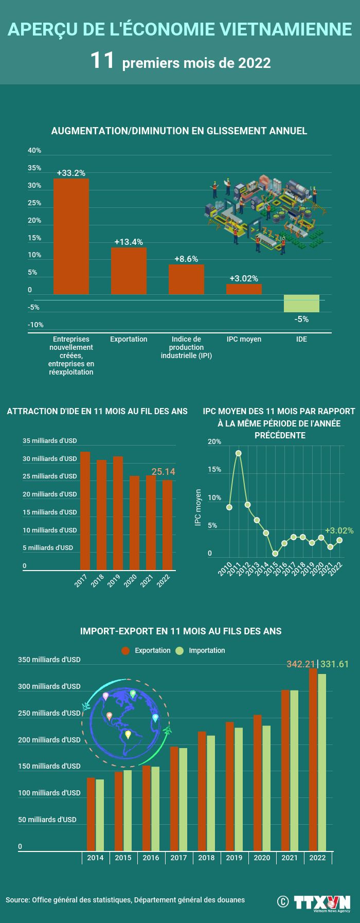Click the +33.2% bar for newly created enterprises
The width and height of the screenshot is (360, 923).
[x=71, y=236]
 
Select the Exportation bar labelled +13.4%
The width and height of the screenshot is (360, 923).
[x=129, y=271]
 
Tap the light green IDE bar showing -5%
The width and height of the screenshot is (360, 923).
[x=301, y=304]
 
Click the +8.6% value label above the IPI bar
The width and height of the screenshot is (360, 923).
[x=186, y=259]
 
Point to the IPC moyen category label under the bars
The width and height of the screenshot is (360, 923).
[x=244, y=339]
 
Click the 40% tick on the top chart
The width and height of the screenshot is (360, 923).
[x=34, y=150]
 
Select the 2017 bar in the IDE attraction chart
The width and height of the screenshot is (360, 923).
[x=85, y=510]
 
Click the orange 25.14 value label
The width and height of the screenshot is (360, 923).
[x=163, y=472]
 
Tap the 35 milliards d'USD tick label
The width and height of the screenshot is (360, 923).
[x=49, y=441]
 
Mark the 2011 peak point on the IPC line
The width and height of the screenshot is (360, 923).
[x=239, y=453]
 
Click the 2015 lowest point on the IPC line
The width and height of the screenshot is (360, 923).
[x=275, y=554]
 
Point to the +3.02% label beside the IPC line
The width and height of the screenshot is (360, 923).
[x=339, y=530]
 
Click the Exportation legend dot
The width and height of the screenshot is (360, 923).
[x=126, y=650]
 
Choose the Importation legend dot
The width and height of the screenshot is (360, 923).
[x=179, y=650]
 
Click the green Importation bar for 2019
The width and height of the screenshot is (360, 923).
[x=239, y=789]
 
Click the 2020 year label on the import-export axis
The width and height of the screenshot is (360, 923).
[x=262, y=858]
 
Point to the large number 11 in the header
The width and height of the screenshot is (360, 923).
[x=102, y=61]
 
